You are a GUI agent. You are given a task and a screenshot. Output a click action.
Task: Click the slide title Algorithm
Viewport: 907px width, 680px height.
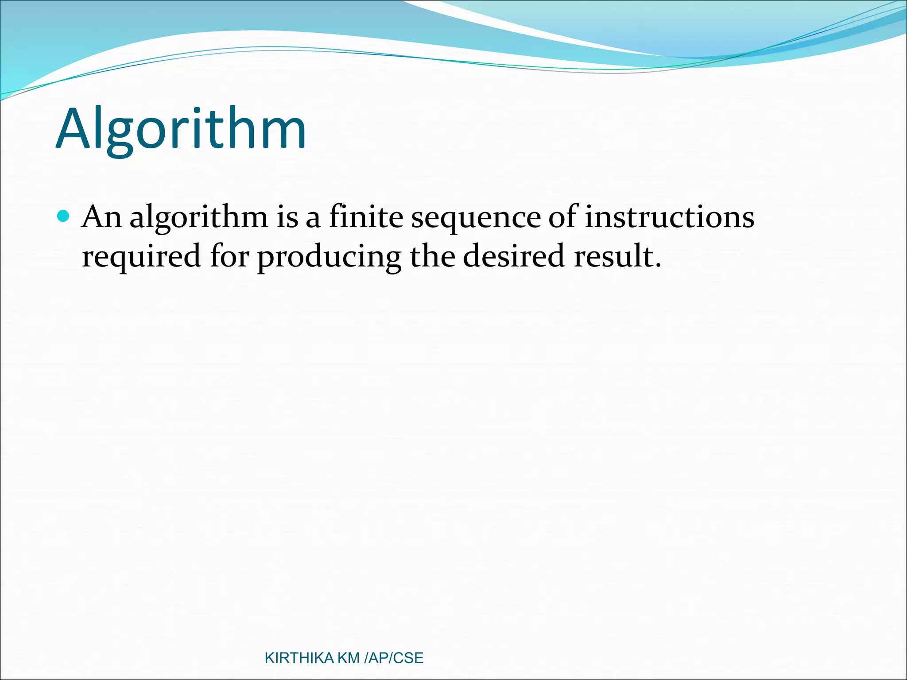[181, 129]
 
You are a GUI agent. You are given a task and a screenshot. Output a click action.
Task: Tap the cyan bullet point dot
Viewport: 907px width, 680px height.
[64, 216]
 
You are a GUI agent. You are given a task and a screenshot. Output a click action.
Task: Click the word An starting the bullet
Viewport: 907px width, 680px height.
[102, 217]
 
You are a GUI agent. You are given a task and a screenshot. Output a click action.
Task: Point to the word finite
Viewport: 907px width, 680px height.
[366, 217]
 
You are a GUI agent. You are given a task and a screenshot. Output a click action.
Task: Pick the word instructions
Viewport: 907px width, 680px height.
[669, 217]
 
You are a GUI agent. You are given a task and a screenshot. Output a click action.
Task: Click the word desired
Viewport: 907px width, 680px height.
[513, 256]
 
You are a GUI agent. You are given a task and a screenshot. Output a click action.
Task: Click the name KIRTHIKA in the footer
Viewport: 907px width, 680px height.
[299, 658]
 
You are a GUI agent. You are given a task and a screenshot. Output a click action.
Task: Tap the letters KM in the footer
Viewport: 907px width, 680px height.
[349, 658]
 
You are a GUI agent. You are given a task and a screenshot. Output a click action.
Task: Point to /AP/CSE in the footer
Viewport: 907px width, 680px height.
[393, 658]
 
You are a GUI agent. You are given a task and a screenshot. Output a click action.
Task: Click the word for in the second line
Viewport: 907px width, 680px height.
[229, 256]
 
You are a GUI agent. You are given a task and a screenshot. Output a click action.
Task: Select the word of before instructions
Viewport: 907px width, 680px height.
[563, 217]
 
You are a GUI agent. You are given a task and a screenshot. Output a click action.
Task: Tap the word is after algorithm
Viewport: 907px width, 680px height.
[287, 217]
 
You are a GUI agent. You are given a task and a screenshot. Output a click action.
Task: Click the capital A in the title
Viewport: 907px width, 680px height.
[74, 129]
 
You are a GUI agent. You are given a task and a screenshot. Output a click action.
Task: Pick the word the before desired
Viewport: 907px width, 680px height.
[432, 256]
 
